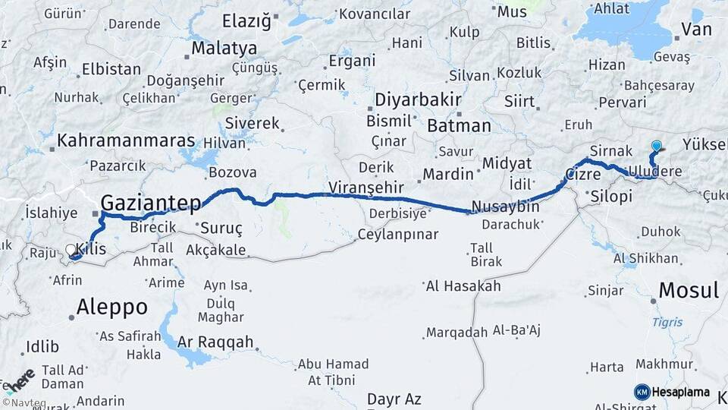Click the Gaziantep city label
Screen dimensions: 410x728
(x=151, y=203)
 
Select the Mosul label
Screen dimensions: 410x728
(x=688, y=290)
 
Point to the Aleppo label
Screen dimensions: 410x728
(x=111, y=307)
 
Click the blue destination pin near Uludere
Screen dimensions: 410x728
(x=656, y=147)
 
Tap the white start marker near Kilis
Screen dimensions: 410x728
(x=71, y=250)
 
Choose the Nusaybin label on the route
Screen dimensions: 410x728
(x=505, y=207)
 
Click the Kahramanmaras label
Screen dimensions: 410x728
(x=126, y=141)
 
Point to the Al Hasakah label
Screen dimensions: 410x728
(x=463, y=286)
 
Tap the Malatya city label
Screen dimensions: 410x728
(x=224, y=49)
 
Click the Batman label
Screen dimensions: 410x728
(x=459, y=125)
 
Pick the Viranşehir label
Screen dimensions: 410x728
(x=365, y=187)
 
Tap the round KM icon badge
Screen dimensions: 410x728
(x=642, y=393)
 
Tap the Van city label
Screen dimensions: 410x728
(x=696, y=30)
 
